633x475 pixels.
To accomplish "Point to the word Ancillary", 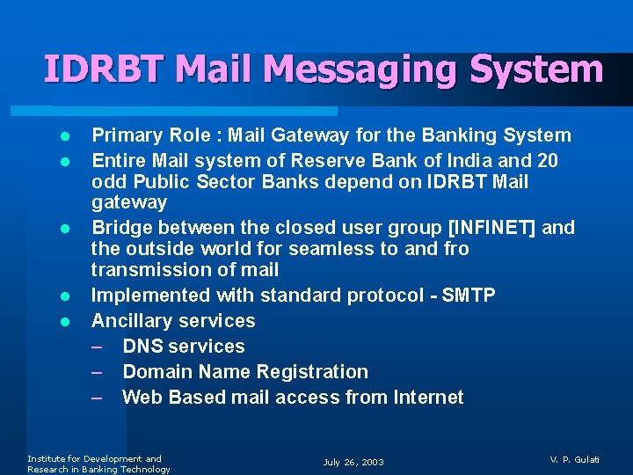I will coord(129,321).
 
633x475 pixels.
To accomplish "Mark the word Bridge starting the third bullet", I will coord(120,228).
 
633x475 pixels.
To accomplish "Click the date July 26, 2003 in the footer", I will coord(353,463).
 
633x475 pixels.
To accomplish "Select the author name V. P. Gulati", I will coord(574,459).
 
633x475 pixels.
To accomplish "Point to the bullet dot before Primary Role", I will coord(64,137).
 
